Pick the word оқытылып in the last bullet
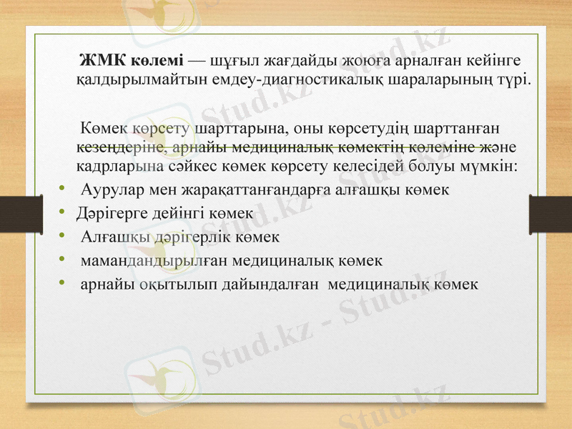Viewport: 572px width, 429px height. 169,283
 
